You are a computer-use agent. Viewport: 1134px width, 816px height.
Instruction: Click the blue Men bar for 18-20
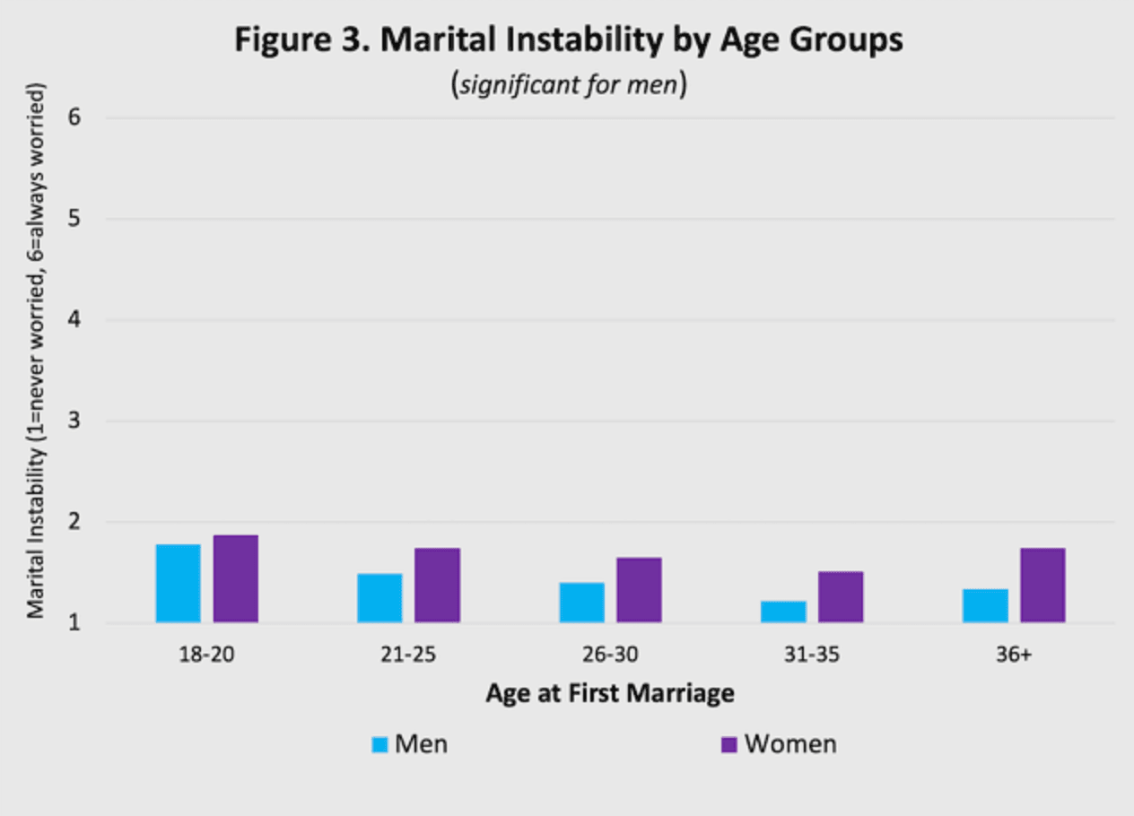pyautogui.click(x=179, y=583)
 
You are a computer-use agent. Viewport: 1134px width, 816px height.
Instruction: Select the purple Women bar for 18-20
pyautogui.click(x=235, y=578)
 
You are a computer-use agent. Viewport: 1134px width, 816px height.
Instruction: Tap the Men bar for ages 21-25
pyautogui.click(x=379, y=597)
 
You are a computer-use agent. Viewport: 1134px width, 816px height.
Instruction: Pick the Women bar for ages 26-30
pyautogui.click(x=639, y=590)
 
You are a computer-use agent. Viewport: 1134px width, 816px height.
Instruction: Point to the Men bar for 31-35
pyautogui.click(x=783, y=612)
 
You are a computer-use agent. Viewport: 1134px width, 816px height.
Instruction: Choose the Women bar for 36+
pyautogui.click(x=1042, y=585)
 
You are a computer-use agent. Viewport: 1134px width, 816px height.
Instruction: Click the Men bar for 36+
pyautogui.click(x=985, y=605)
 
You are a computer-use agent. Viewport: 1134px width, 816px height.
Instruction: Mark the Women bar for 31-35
pyautogui.click(x=841, y=597)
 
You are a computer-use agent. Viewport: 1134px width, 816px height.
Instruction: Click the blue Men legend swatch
pyautogui.click(x=379, y=744)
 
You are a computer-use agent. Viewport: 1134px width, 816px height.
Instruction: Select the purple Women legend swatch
pyautogui.click(x=729, y=744)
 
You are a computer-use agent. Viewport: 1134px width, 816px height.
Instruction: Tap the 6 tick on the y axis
pyautogui.click(x=74, y=117)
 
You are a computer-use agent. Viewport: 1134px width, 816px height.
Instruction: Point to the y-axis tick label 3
pyautogui.click(x=74, y=421)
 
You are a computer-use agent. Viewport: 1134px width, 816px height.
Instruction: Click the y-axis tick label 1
pyautogui.click(x=74, y=622)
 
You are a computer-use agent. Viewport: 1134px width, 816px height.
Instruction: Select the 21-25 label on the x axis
pyautogui.click(x=408, y=655)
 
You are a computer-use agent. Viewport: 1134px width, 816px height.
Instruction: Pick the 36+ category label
pyautogui.click(x=1014, y=655)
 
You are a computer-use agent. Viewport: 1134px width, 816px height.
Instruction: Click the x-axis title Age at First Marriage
pyautogui.click(x=610, y=693)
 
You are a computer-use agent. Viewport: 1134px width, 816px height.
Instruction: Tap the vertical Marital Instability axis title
pyautogui.click(x=36, y=351)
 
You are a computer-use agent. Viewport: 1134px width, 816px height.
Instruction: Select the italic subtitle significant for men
pyautogui.click(x=569, y=84)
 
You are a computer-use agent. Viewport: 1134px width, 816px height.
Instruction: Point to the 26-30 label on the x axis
pyautogui.click(x=610, y=655)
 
